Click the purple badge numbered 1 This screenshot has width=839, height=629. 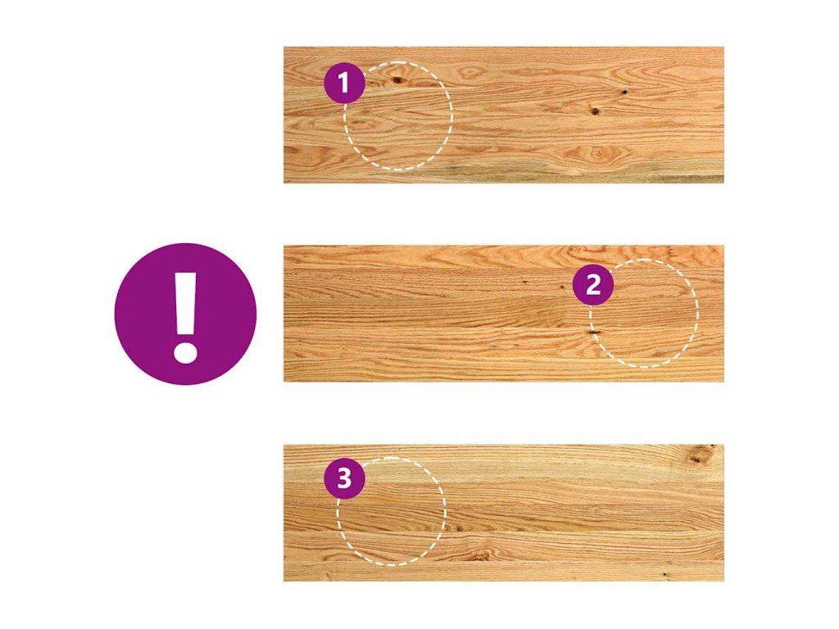tap(345, 83)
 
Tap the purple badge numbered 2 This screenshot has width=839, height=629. tap(593, 285)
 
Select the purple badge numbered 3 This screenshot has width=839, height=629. tap(345, 478)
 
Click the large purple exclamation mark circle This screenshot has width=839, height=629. tap(186, 314)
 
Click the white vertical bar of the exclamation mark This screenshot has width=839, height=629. tap(186, 304)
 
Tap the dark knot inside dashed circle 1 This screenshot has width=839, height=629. tap(397, 80)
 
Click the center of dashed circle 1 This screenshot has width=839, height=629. tap(399, 116)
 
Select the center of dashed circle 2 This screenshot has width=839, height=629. tap(644, 314)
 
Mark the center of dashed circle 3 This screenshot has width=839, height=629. tap(391, 511)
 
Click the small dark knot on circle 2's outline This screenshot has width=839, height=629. tap(593, 333)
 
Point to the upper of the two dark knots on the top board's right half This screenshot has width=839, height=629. tap(624, 93)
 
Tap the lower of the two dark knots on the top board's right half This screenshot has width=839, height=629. tap(595, 111)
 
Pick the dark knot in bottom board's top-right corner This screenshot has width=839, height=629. tap(696, 456)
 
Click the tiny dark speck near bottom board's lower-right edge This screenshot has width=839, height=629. tap(664, 574)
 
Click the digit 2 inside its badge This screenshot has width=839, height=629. tap(593, 285)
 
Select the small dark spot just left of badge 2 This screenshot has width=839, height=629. tap(562, 287)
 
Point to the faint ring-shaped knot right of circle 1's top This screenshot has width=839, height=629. tap(470, 72)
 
